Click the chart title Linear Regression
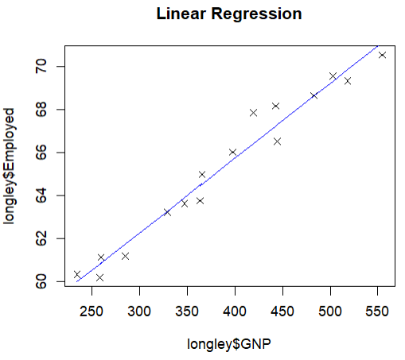pyautogui.click(x=229, y=14)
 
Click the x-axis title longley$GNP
pyautogui.click(x=229, y=344)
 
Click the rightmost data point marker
pyautogui.click(x=382, y=55)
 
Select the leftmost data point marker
pyautogui.click(x=77, y=274)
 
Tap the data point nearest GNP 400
pyautogui.click(x=232, y=152)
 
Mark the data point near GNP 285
pyautogui.click(x=125, y=256)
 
